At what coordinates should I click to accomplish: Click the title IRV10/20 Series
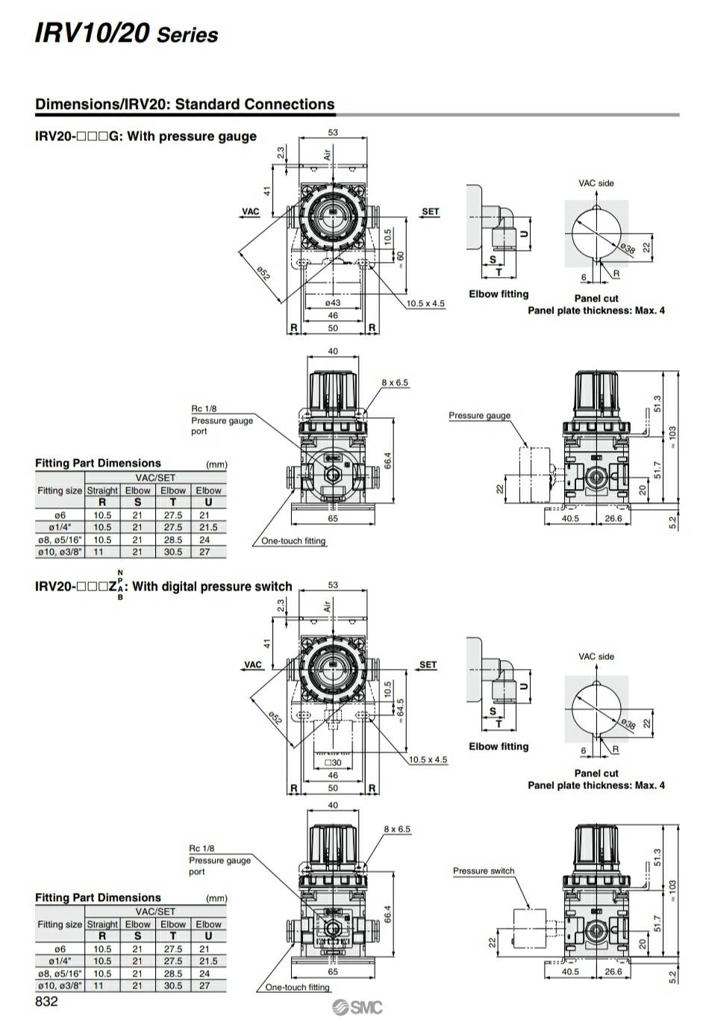126,34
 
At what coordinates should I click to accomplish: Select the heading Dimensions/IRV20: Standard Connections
184,105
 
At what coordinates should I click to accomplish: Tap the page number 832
46,1002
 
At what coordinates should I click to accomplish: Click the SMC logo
357,1008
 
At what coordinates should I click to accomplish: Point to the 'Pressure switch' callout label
484,870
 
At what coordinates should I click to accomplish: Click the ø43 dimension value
333,303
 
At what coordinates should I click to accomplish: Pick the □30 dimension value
334,762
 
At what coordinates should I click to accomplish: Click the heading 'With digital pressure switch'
212,587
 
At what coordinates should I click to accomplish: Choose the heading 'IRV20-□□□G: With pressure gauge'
146,137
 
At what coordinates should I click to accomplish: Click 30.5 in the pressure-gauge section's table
173,552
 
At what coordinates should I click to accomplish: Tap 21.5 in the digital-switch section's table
208,961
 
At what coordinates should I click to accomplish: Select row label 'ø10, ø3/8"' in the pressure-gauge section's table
60,552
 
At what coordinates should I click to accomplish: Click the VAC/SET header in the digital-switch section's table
155,912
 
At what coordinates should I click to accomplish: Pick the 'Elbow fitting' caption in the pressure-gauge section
499,294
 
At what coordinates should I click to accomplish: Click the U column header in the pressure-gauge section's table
208,502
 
